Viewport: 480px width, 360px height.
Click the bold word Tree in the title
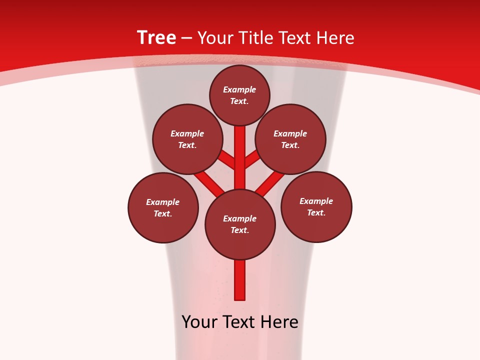156,37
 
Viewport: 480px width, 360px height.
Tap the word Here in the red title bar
335,38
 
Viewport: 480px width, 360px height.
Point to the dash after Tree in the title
186,38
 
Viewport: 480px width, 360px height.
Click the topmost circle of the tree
239,95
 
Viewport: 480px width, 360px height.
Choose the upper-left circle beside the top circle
187,139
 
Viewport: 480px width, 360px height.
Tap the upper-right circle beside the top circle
290,139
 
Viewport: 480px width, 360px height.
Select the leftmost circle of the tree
163,207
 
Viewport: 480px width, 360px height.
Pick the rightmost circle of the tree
316,206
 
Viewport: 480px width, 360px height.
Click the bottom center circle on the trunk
240,224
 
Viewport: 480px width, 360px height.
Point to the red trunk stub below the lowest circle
240,280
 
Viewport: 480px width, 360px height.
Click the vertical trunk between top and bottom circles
240,157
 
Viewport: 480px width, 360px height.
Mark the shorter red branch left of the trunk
227,159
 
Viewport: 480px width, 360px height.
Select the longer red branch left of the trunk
209,182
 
